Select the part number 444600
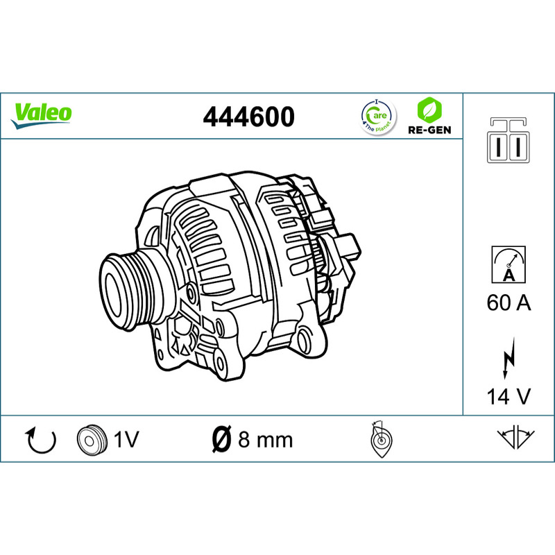[x=248, y=117]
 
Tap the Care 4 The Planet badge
[x=378, y=117]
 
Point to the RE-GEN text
[x=429, y=130]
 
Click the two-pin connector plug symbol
[x=509, y=140]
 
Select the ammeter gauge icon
[x=509, y=264]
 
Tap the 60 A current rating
[x=509, y=303]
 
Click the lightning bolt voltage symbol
[x=509, y=358]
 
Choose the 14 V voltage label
[x=509, y=396]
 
